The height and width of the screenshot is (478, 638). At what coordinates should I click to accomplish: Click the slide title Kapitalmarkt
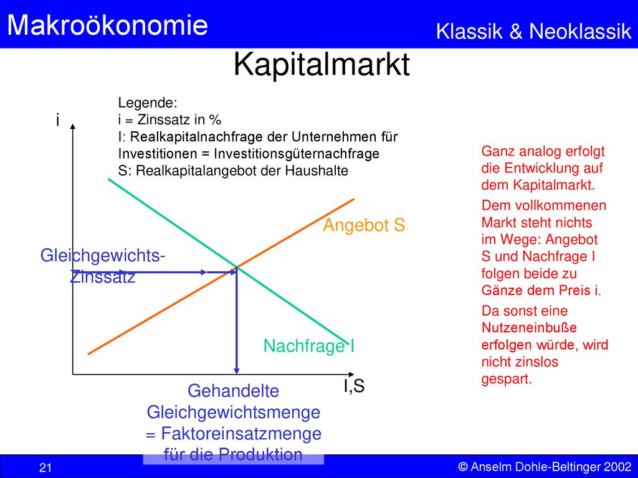(321, 65)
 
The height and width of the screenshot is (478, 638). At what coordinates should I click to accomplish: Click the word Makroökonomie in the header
(107, 24)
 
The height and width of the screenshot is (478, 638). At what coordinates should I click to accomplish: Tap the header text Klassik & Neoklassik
(533, 31)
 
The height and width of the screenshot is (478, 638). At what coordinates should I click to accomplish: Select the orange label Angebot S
(364, 225)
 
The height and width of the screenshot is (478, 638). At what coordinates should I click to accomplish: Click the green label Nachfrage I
(309, 346)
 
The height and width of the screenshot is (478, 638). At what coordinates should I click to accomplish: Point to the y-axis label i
(58, 120)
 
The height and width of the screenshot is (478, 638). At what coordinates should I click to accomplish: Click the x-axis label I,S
(354, 386)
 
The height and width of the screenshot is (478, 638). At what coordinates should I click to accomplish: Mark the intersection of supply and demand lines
(236, 268)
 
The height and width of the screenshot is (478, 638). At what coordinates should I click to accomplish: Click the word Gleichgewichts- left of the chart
(103, 256)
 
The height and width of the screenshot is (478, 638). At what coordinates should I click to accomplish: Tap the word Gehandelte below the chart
(233, 391)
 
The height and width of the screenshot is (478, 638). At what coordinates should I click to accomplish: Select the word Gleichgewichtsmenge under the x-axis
(234, 413)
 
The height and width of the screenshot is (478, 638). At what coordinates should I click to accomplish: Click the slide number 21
(45, 467)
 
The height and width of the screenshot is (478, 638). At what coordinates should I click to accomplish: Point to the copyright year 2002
(617, 467)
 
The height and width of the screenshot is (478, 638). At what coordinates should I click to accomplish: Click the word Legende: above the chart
(148, 103)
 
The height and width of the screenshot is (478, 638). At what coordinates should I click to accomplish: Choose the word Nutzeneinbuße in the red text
(529, 327)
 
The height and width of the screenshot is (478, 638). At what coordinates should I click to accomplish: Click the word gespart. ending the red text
(507, 379)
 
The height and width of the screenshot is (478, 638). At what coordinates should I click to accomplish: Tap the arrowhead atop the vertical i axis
(73, 126)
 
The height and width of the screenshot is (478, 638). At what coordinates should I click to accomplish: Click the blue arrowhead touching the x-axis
(236, 371)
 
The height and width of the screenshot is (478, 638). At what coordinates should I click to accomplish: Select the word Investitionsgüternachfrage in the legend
(297, 154)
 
